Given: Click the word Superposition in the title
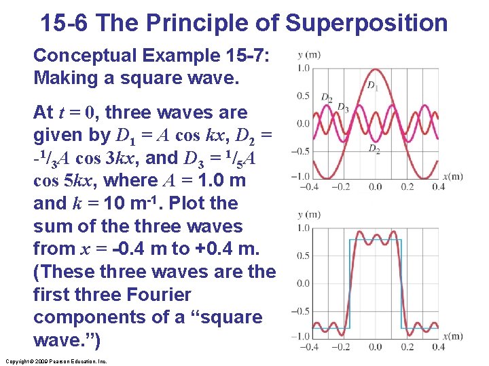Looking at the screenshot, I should pos(367,22).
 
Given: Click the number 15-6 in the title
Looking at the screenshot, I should pos(65,22).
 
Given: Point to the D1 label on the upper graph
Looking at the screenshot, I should pos(372,85).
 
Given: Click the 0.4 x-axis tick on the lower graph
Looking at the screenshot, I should pos(438,347).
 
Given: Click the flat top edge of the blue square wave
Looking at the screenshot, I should pos(375,240).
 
